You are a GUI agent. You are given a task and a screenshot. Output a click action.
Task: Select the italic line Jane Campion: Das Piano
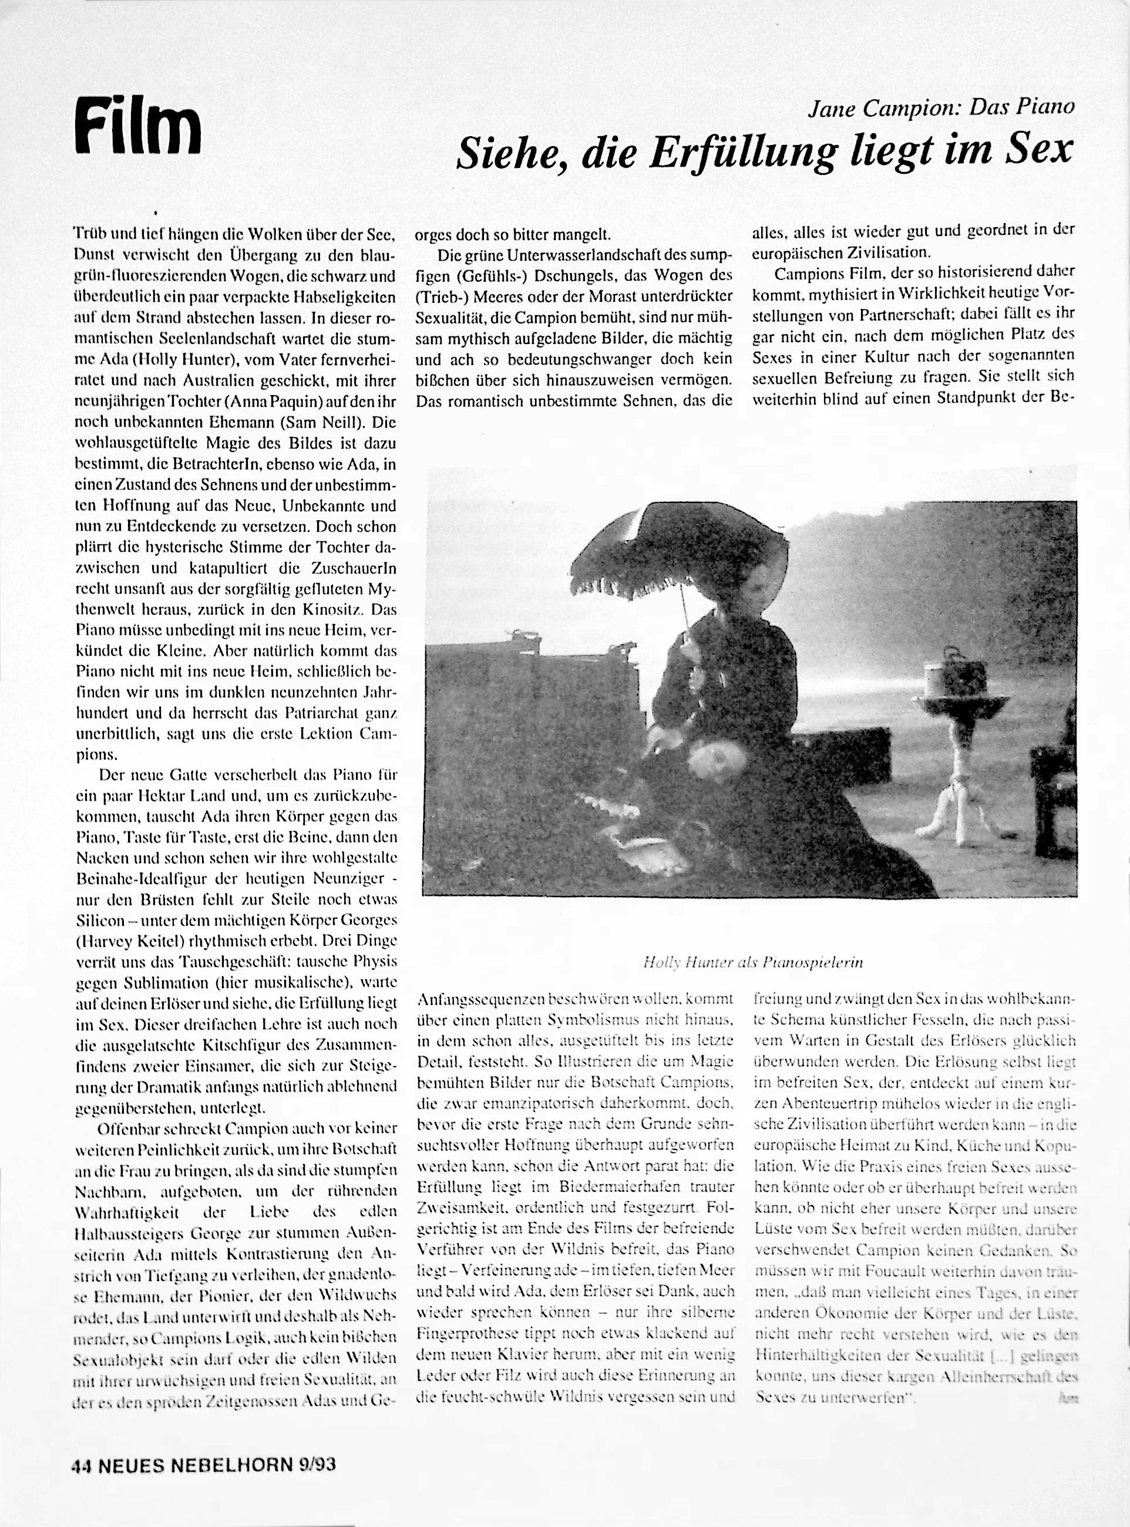(941, 108)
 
